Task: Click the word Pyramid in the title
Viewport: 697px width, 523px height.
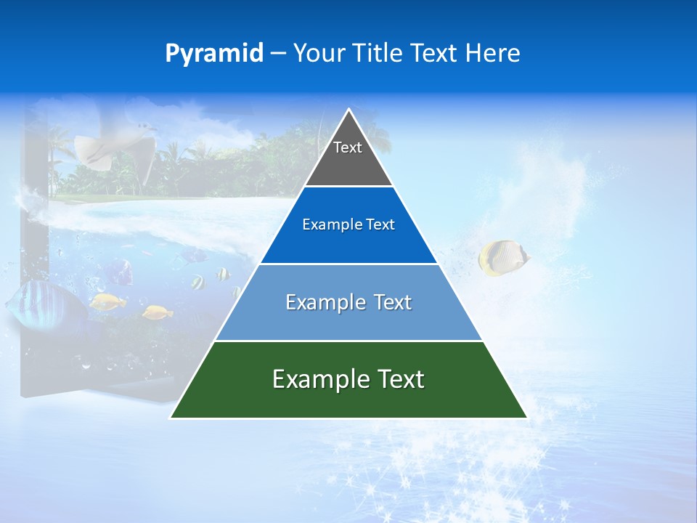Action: [x=214, y=54]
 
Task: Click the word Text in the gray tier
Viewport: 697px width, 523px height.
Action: [x=348, y=147]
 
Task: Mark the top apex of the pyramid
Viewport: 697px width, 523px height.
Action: [x=348, y=110]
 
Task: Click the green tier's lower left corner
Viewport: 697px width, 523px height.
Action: [x=171, y=417]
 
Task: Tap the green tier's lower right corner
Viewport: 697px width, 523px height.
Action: [x=526, y=417]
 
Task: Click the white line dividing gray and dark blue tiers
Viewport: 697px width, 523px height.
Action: [x=348, y=187]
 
